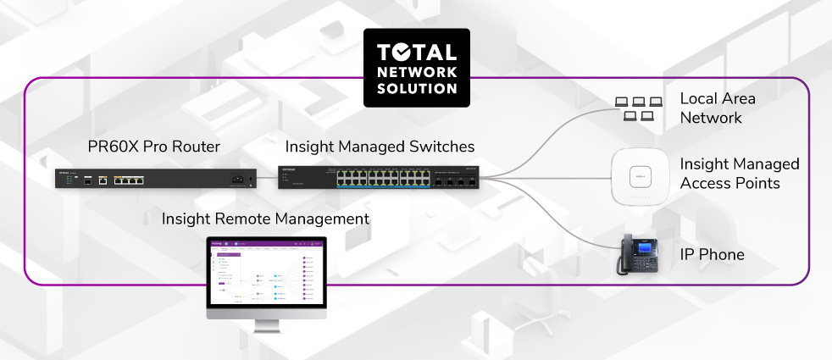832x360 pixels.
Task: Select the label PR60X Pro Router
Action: tap(153, 147)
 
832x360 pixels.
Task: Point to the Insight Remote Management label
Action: tap(265, 219)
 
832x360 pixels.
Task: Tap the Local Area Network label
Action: tap(718, 108)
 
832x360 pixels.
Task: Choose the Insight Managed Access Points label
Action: tap(739, 173)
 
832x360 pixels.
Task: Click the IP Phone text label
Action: tap(713, 254)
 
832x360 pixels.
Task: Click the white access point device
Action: tap(641, 178)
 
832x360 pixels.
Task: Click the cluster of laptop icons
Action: tap(637, 108)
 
